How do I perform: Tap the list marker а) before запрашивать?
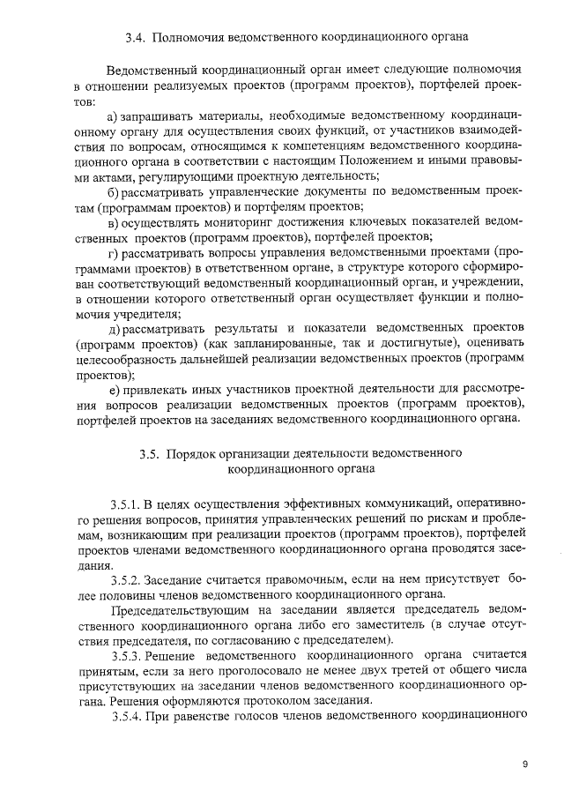pyautogui.click(x=112, y=116)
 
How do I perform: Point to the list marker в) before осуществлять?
pyautogui.click(x=113, y=221)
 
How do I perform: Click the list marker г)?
pyautogui.click(x=112, y=252)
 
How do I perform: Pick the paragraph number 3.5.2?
pyautogui.click(x=128, y=579)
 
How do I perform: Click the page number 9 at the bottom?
pyautogui.click(x=524, y=764)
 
